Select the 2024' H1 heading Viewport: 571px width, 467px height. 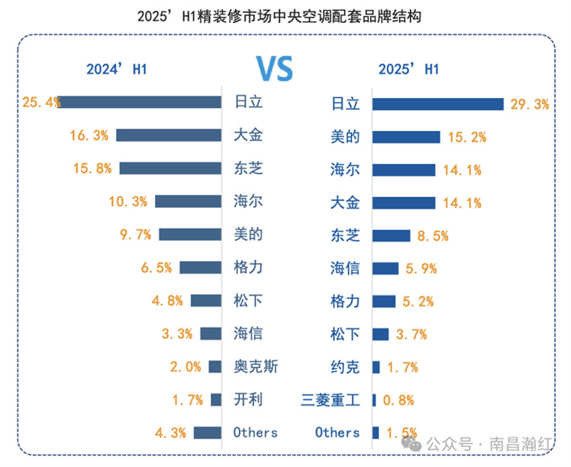tap(116, 69)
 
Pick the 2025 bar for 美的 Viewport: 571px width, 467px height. tap(407, 137)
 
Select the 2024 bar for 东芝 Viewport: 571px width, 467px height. tap(170, 168)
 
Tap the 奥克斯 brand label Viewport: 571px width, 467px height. tap(256, 367)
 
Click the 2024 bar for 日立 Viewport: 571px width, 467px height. tap(140, 102)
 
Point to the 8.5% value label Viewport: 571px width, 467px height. tap(436, 236)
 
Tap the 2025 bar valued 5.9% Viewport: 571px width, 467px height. tap(385, 269)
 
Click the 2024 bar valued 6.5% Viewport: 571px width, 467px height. tap(200, 268)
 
